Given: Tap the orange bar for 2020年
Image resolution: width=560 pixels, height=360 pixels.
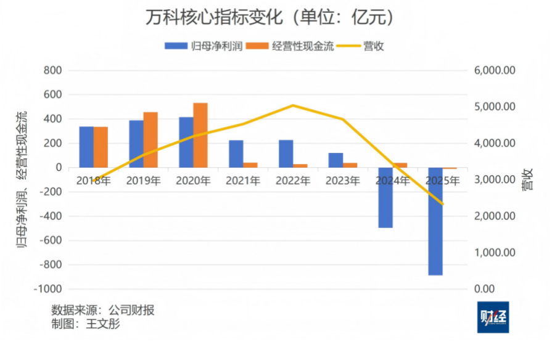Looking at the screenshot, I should coord(200,135).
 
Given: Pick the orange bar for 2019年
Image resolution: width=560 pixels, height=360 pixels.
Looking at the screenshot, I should coord(150,140).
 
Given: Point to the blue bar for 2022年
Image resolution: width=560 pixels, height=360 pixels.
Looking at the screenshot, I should coord(286,153).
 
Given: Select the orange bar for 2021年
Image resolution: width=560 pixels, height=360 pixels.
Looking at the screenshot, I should coord(250,165).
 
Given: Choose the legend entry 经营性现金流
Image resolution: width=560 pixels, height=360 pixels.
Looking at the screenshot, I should coord(294,46).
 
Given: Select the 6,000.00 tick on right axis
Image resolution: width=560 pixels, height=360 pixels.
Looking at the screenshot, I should coord(494,70).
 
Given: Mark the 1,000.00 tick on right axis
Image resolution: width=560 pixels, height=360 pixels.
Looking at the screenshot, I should coord(494,253).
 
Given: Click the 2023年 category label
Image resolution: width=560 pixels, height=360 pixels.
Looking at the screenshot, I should coord(343,181).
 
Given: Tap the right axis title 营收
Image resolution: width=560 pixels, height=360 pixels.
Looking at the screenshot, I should coord(528,179).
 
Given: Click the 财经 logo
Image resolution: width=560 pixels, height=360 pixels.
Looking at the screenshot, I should coord(493,317).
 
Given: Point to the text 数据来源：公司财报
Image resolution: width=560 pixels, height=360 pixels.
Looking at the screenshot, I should coord(103,309).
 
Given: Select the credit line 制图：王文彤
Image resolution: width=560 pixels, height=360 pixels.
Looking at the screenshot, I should coord(86,324).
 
